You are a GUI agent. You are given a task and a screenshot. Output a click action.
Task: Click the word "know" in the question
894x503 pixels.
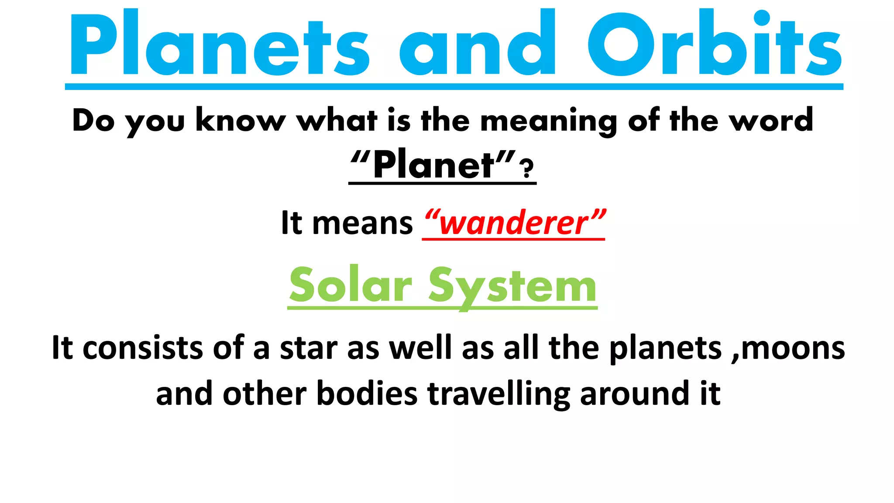pos(241,120)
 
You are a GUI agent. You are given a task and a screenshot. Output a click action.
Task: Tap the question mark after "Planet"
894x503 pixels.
pos(528,169)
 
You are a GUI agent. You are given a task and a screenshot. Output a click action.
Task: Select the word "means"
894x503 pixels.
pos(362,223)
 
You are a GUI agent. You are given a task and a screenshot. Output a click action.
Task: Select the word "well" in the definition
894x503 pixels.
pos(420,348)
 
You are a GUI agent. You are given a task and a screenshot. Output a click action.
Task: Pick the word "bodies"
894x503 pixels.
pos(367,394)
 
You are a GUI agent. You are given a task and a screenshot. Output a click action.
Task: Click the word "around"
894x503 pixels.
pos(635,394)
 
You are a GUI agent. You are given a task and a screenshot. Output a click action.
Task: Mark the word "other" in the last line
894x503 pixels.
pos(265,394)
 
